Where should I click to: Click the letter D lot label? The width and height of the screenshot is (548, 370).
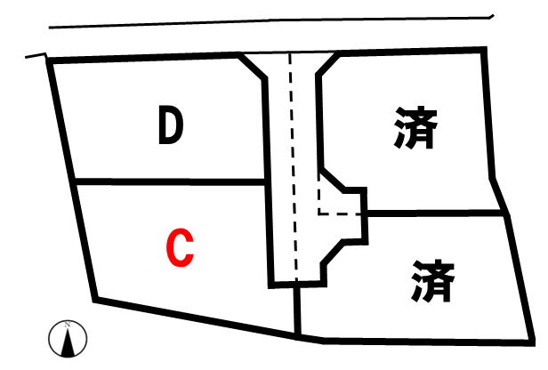[171, 125]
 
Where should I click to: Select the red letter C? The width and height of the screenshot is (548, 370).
[180, 247]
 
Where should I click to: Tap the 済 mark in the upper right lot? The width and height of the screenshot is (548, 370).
[416, 127]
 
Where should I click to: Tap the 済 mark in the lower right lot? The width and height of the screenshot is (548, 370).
[432, 280]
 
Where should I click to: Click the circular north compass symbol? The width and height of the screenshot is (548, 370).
[68, 339]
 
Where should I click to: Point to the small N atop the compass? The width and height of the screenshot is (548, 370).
[68, 325]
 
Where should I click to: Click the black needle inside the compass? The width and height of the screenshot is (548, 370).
[68, 342]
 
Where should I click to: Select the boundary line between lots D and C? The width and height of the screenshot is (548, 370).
[170, 181]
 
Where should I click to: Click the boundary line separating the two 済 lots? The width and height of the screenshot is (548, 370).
[436, 213]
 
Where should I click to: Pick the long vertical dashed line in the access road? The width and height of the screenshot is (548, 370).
[293, 166]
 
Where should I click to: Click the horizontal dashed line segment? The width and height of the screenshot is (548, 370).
[339, 213]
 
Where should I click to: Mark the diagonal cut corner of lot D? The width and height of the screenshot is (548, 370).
[253, 67]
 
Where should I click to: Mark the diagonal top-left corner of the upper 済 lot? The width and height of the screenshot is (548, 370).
[327, 64]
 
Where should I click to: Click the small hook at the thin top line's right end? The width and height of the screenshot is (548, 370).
[491, 16]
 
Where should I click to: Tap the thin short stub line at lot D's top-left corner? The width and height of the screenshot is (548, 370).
[36, 55]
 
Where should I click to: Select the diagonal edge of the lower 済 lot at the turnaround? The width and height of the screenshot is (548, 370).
[332, 252]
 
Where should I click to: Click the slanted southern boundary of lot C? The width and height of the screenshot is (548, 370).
[196, 318]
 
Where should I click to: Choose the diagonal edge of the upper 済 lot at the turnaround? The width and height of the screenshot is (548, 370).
[333, 180]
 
